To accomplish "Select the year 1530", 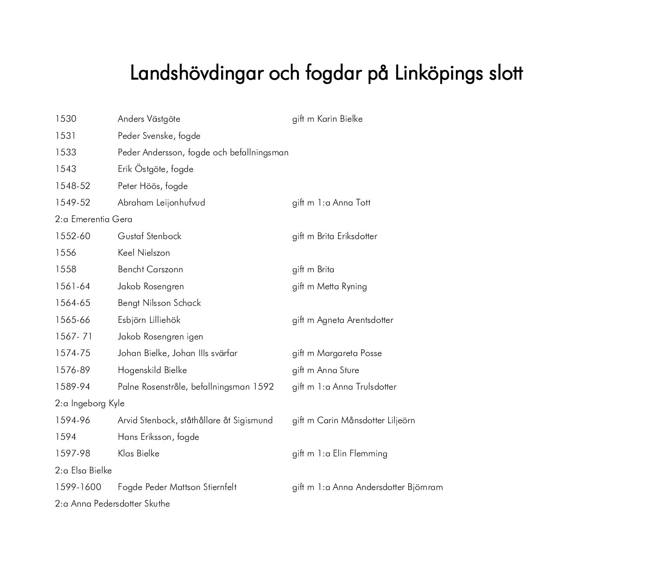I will point(65,119).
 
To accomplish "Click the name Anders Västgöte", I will point(149,119).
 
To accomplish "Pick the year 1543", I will point(65,169).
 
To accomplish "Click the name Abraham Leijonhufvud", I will point(161,203).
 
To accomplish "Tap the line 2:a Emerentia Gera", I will point(93,219).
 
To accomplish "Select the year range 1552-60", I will point(72,236).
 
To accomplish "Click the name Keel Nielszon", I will point(144,253).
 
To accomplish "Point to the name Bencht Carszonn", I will point(150,270).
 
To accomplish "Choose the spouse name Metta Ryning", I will point(342,287).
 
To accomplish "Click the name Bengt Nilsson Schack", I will point(159,303).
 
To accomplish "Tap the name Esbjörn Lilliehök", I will point(149,320).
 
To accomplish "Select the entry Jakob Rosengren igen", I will point(160,337).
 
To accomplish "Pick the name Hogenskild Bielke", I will point(152,370).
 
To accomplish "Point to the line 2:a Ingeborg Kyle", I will point(89,404).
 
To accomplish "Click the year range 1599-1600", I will point(78,487).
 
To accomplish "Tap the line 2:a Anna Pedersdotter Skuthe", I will point(112,504).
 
